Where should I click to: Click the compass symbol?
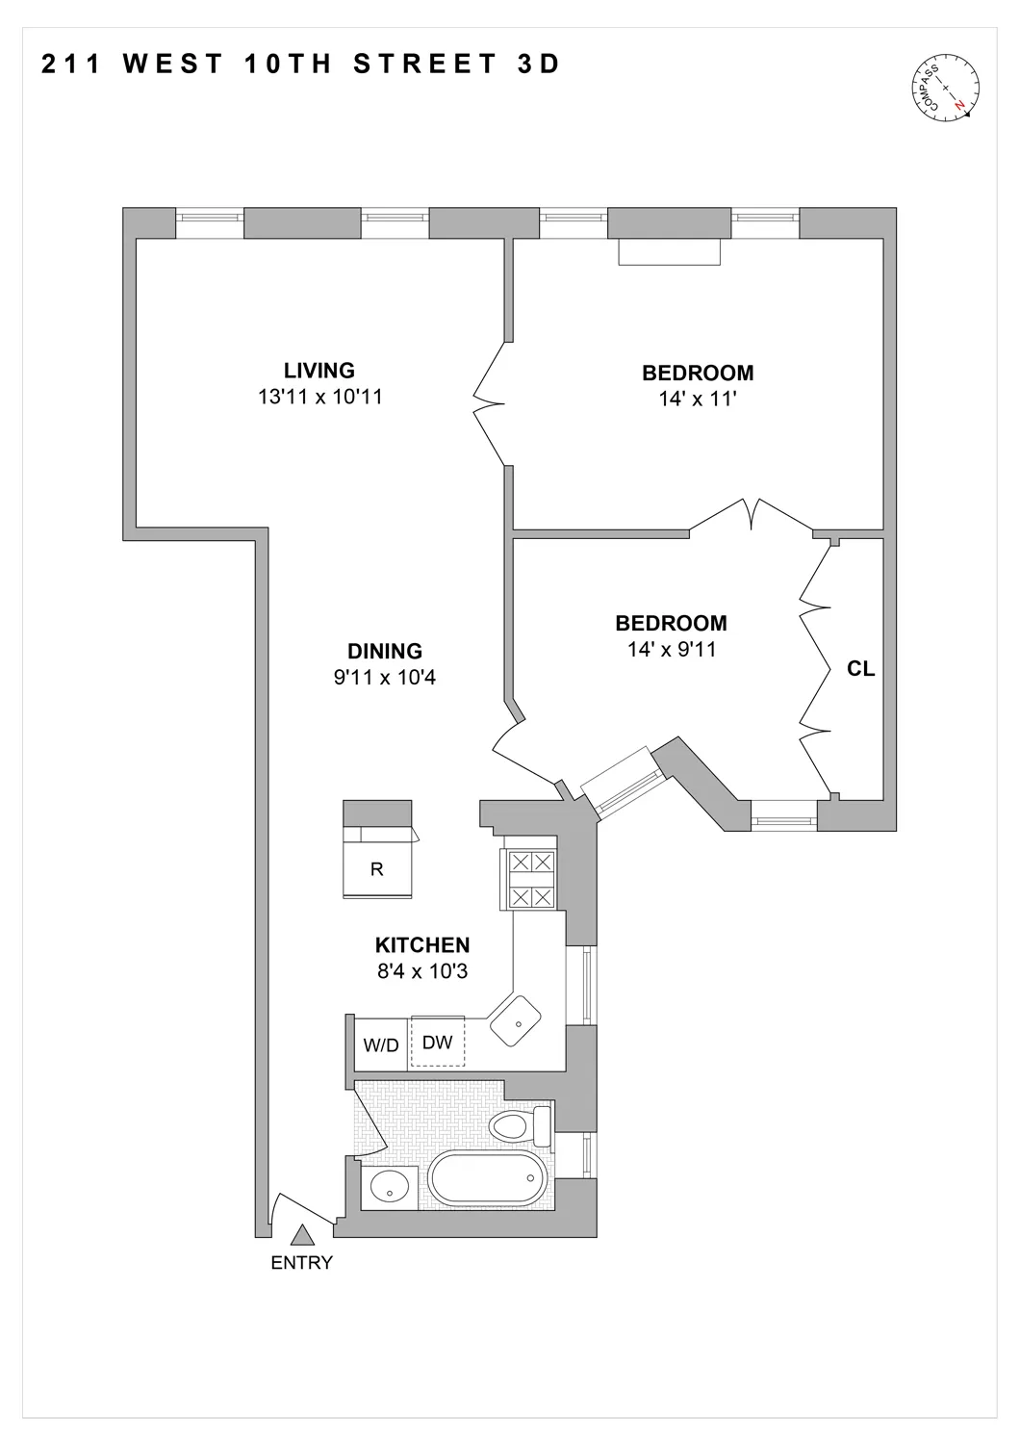pyautogui.click(x=947, y=89)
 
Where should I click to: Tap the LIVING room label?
pyautogui.click(x=319, y=371)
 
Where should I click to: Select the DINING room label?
pyautogui.click(x=385, y=652)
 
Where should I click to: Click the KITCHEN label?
pyautogui.click(x=422, y=945)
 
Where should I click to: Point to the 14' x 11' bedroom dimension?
pyautogui.click(x=698, y=399)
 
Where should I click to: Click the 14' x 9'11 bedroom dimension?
pyautogui.click(x=672, y=650)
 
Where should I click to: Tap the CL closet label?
pyautogui.click(x=860, y=668)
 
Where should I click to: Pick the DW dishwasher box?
pyautogui.click(x=438, y=1043)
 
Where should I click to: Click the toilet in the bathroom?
pyautogui.click(x=518, y=1124)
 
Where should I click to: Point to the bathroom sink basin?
pyautogui.click(x=389, y=1187)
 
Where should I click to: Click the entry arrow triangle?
pyautogui.click(x=302, y=1235)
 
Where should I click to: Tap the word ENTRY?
pyautogui.click(x=301, y=1263)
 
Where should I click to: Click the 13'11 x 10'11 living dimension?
pyautogui.click(x=319, y=397)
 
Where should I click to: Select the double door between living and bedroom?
pyautogui.click(x=491, y=402)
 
